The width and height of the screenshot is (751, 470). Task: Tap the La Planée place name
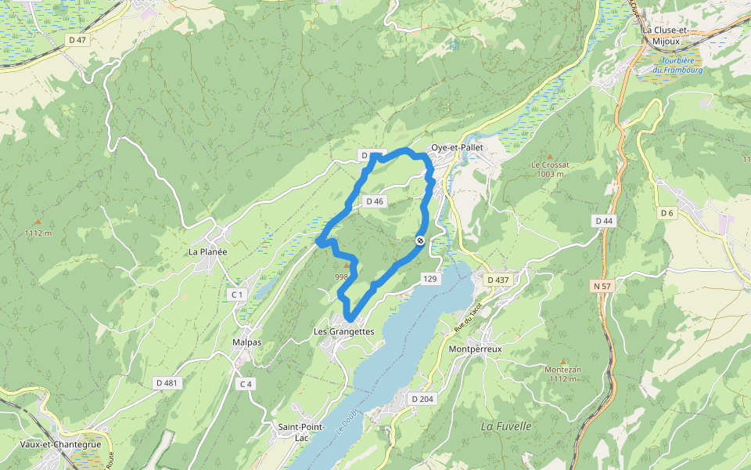[207, 252]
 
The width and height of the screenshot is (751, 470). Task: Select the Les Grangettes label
[344, 331]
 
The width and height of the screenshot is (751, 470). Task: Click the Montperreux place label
[476, 349]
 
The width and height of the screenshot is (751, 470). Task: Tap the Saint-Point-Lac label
[297, 432]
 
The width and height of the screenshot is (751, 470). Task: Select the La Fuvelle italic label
[506, 426]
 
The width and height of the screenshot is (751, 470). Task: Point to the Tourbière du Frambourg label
[681, 65]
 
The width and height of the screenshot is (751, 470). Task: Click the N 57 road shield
[602, 287]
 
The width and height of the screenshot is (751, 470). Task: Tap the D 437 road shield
[498, 280]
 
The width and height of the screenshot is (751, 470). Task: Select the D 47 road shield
[77, 39]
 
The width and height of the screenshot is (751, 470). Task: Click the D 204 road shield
[422, 399]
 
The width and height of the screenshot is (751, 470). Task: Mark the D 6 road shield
[667, 213]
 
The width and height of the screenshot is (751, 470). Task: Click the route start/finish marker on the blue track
[420, 240]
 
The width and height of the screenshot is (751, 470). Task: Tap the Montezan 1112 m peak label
[562, 374]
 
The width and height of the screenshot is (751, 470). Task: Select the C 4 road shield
[246, 383]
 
